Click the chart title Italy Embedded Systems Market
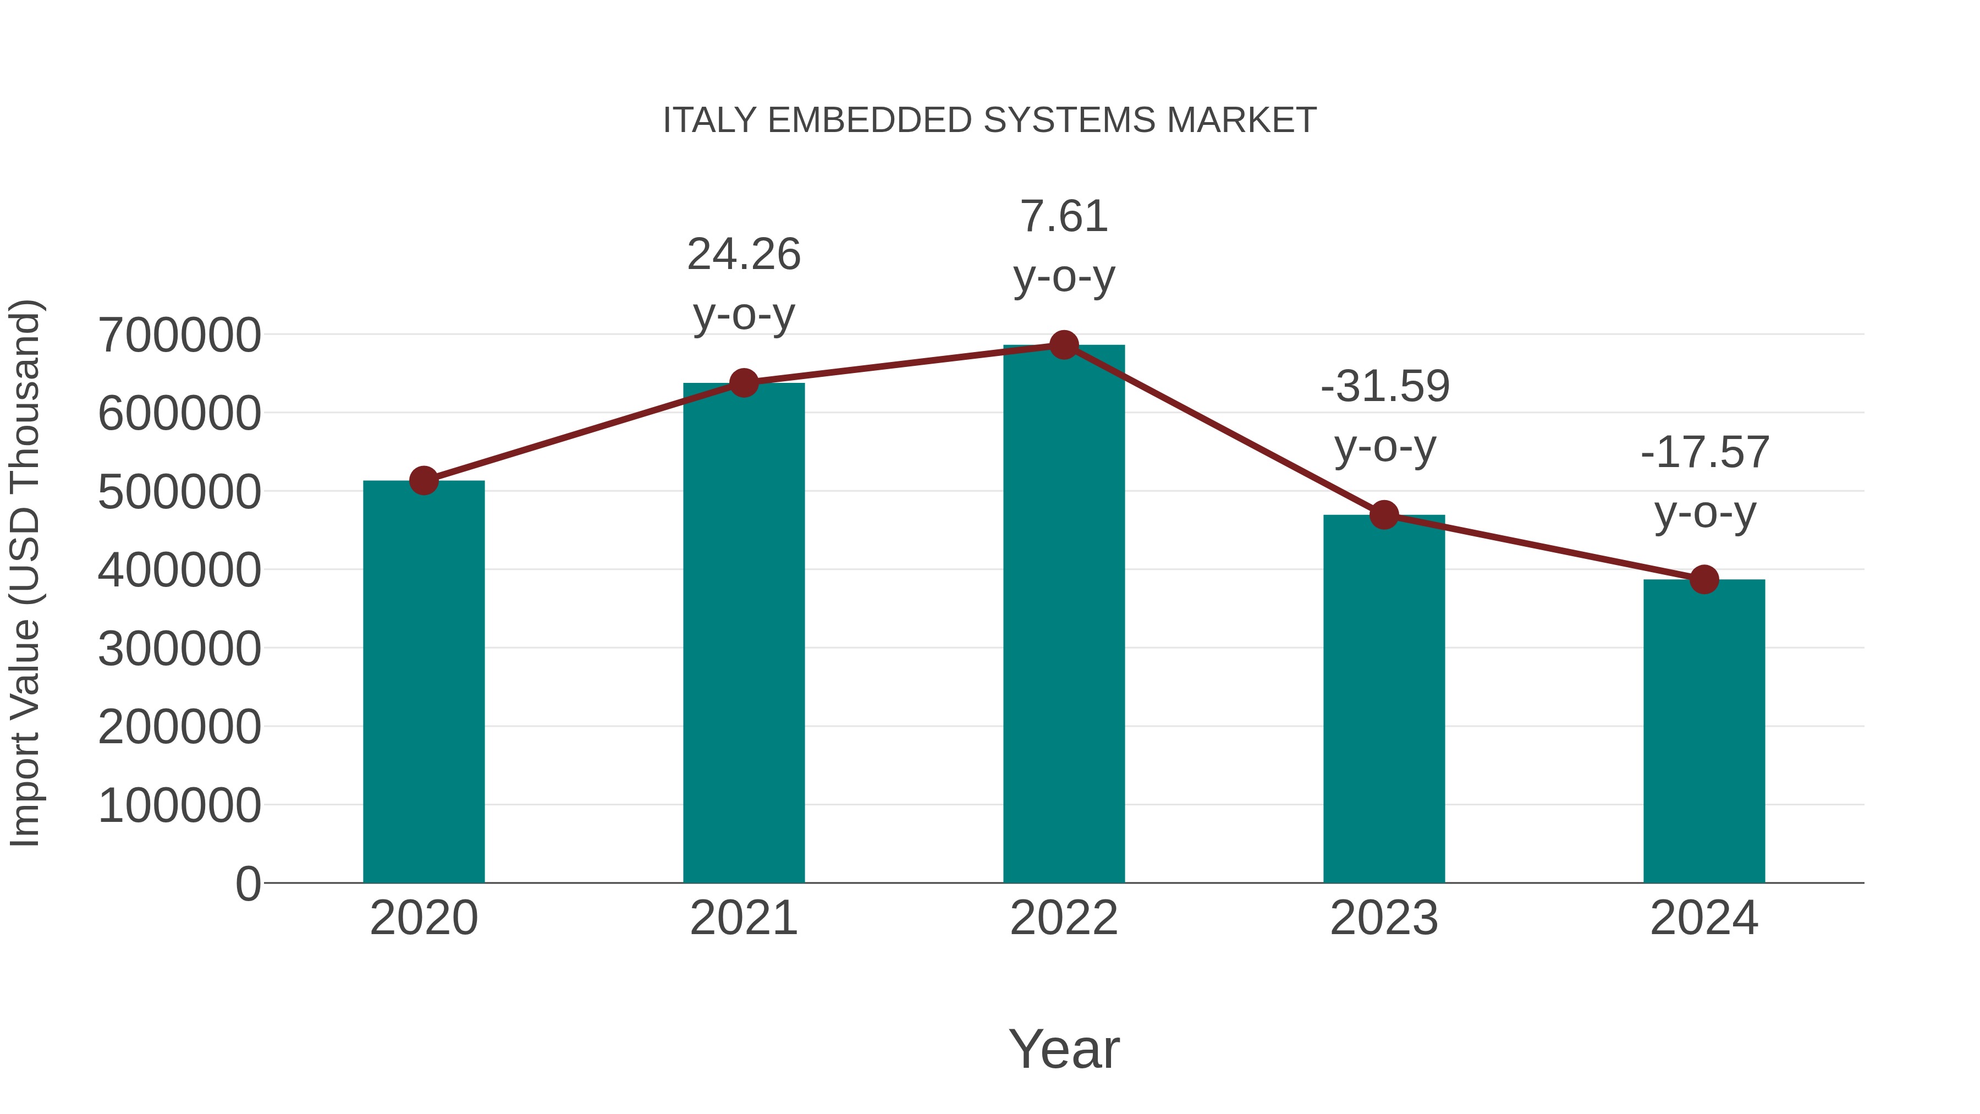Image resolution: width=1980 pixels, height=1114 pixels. click(989, 120)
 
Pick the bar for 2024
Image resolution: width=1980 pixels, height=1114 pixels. click(1704, 731)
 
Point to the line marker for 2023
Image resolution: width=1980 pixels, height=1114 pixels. click(1384, 515)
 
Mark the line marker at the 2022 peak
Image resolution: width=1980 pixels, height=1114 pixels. click(1064, 345)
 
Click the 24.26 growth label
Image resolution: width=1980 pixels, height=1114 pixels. click(743, 255)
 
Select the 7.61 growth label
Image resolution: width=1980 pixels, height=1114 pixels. click(1064, 216)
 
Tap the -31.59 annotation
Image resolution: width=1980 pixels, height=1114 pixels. click(1384, 386)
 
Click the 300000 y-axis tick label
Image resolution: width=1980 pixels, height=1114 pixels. click(180, 649)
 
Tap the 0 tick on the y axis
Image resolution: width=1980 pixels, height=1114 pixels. click(248, 883)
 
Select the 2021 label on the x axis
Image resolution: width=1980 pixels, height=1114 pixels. click(743, 918)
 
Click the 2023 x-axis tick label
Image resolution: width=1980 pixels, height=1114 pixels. click(1384, 918)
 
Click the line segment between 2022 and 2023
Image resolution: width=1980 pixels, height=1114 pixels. click(1224, 430)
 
